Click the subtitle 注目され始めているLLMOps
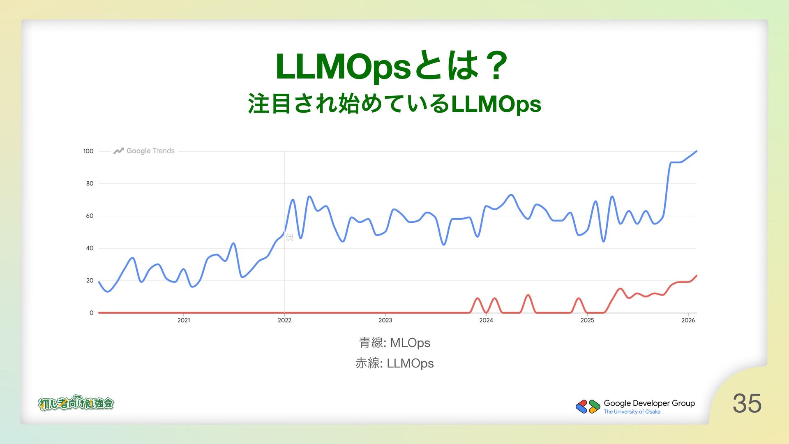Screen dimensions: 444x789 coord(394,104)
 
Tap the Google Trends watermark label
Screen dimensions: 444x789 coord(150,151)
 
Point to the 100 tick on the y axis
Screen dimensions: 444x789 coord(88,151)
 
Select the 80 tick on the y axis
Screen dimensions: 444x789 coord(90,183)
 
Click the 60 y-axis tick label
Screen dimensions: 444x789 coord(90,216)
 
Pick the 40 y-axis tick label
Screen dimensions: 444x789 coord(90,248)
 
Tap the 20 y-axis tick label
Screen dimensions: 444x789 coord(90,280)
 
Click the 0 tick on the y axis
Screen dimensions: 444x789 coord(91,313)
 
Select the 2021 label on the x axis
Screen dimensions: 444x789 coord(184,320)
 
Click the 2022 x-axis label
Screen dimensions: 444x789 coord(284,320)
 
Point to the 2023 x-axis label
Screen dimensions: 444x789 coord(385,320)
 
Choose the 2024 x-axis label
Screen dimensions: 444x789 coord(486,320)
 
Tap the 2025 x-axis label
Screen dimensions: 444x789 coord(587,320)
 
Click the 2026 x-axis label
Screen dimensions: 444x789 coord(688,320)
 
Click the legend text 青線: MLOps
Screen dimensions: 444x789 coord(394,342)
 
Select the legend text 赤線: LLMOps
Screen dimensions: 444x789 coord(394,363)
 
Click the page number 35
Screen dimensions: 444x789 coord(747,403)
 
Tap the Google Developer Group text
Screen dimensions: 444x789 coord(649,403)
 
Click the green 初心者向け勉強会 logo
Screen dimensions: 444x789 coord(76,403)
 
